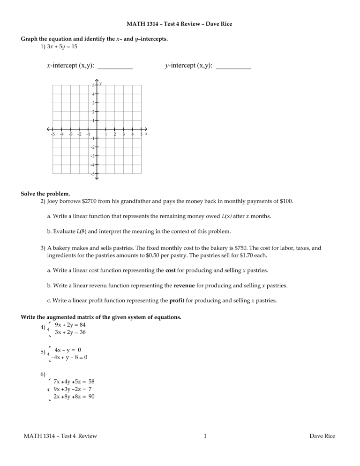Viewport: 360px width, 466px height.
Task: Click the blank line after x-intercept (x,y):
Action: click(x=115, y=68)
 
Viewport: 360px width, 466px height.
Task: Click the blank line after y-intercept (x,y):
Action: click(x=234, y=68)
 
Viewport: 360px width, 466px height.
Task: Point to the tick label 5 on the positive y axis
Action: click(x=93, y=85)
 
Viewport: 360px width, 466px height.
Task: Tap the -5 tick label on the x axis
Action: click(x=53, y=135)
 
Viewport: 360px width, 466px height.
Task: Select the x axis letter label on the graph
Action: click(x=146, y=134)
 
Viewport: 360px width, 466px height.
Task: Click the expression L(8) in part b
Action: click(x=79, y=231)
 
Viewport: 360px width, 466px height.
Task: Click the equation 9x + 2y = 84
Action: click(x=70, y=324)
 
